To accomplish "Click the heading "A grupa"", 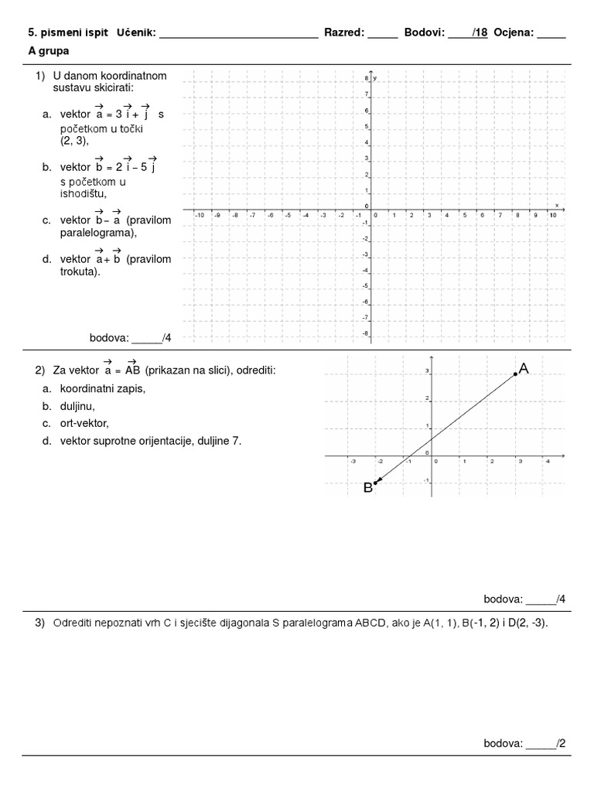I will point(49,51).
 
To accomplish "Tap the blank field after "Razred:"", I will point(382,34).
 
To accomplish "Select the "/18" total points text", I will point(480,33).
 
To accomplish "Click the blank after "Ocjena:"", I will point(551,34).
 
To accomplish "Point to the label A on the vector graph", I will point(524,370).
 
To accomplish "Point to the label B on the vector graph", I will point(368,487).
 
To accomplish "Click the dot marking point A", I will point(515,374).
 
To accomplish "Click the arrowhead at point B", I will point(376,482).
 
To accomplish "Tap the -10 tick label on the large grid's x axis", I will point(199,215).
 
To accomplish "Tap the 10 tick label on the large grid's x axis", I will point(552,215).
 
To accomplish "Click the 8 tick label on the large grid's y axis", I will point(366,79).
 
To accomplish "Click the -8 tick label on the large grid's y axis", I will point(365,333).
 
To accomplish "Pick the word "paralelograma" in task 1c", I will point(89,233).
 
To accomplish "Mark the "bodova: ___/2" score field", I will point(524,743).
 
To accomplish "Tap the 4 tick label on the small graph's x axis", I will point(548,461).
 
